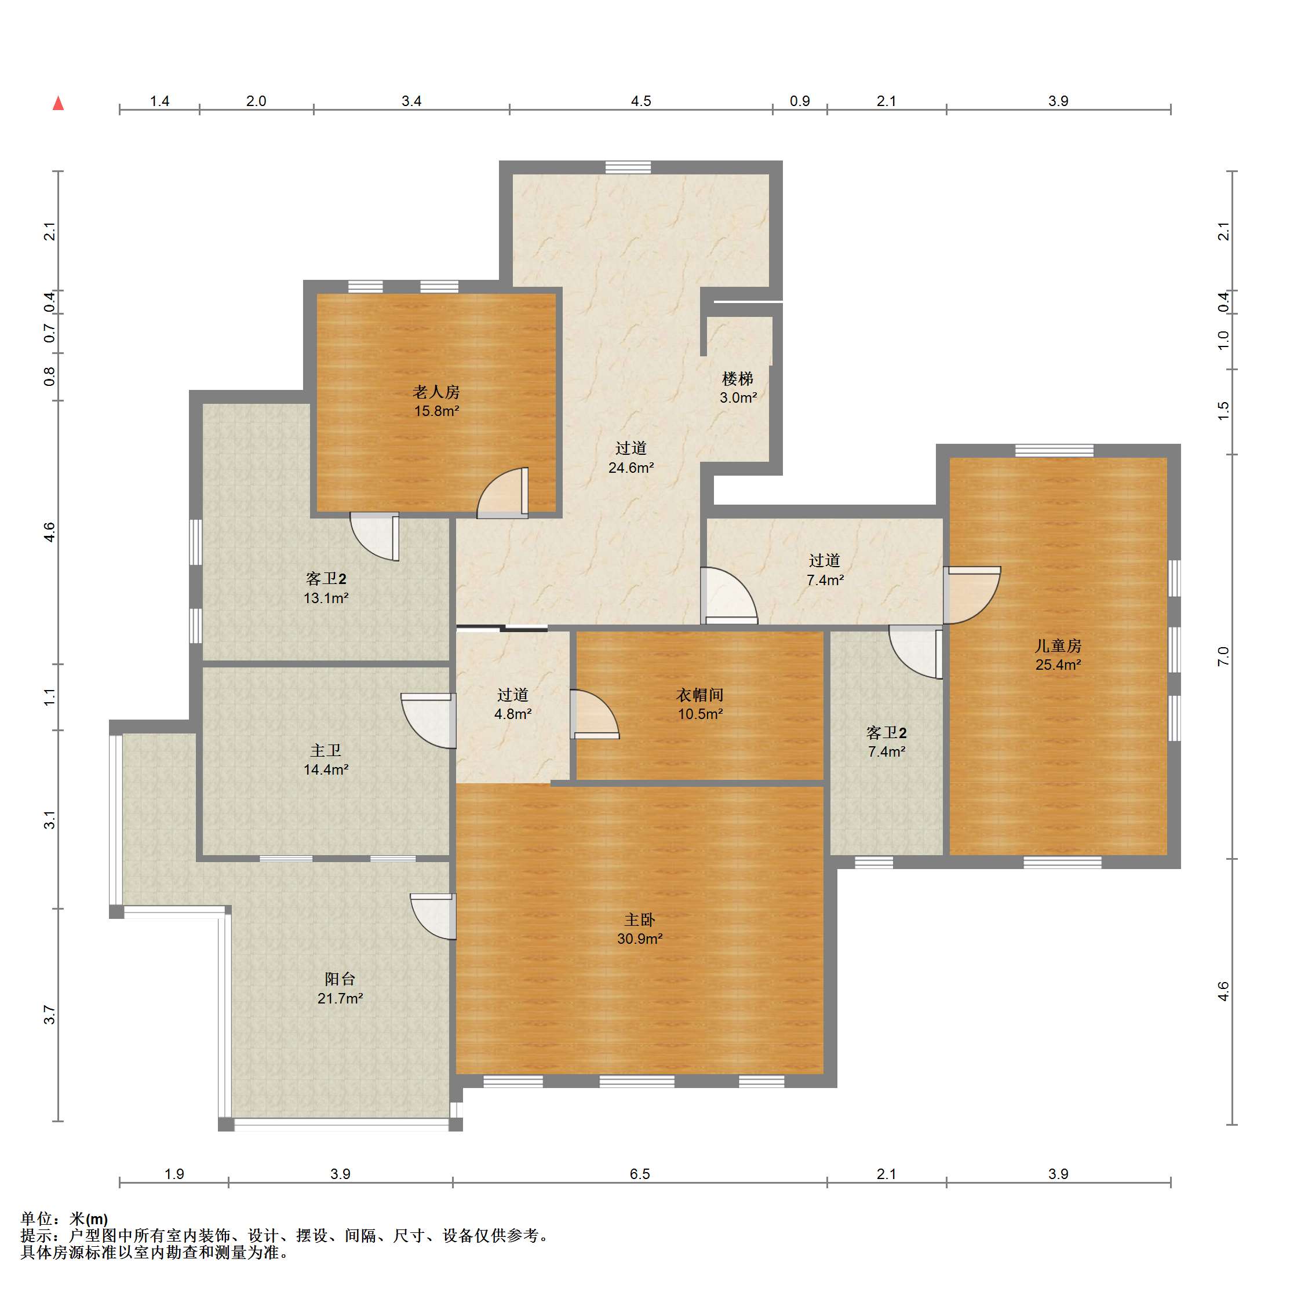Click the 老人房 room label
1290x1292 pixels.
(x=436, y=392)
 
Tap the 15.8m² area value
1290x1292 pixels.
(x=436, y=411)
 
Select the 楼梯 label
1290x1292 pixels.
(x=738, y=378)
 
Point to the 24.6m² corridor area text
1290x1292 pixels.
(x=631, y=468)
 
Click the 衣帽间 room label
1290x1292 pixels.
(x=699, y=695)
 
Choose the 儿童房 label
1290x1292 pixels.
(x=1058, y=645)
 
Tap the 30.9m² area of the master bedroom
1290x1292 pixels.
(x=639, y=938)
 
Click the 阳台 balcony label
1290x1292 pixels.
(x=340, y=979)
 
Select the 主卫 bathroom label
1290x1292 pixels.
(x=326, y=750)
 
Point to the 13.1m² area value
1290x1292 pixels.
(x=326, y=598)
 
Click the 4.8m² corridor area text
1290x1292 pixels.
(x=513, y=714)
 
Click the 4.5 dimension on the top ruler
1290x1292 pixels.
(x=640, y=101)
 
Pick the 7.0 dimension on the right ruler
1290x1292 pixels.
(x=1223, y=656)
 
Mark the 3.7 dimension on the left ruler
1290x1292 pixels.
(x=49, y=1014)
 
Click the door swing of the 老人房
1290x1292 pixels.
(x=501, y=493)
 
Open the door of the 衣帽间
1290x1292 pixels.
(x=595, y=714)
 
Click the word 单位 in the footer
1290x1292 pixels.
(x=37, y=1218)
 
